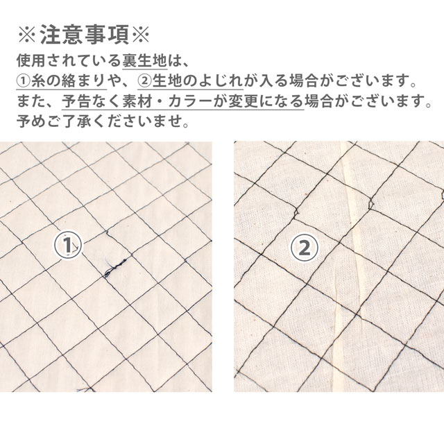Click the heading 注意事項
pos(84,35)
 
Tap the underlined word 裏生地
pos(145,60)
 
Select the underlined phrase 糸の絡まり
pos(69,81)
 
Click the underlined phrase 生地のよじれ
pos(197,81)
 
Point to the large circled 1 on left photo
pos(67,245)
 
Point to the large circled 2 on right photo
pos(305,248)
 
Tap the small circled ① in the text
pos(24,81)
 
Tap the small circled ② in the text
pos(145,81)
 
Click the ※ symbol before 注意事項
pos(27,35)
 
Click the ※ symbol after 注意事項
pos(140,35)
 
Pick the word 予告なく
pos(91,101)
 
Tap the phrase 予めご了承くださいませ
pos(103,121)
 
